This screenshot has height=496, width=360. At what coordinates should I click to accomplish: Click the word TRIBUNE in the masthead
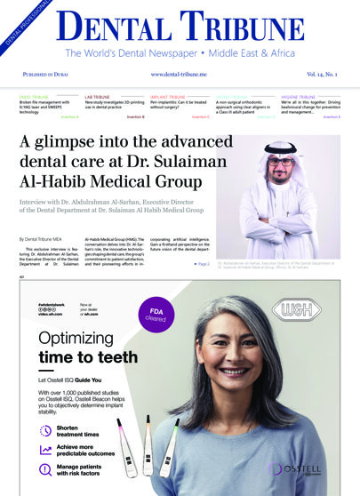tap(257, 28)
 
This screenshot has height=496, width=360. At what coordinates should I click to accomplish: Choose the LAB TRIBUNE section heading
tap(99, 96)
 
